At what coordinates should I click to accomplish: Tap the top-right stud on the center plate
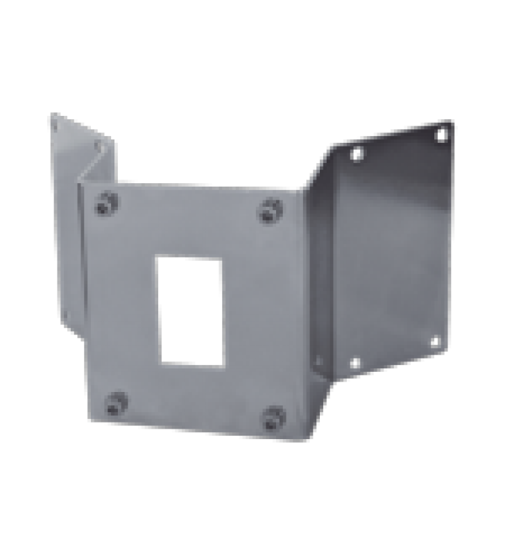269,210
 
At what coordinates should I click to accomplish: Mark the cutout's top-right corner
221,258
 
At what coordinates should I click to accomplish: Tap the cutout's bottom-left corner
160,361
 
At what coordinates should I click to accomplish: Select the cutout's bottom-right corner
223,365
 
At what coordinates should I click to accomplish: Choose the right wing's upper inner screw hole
357,154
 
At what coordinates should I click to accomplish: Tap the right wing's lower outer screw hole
435,341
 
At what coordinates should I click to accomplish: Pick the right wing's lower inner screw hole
354,362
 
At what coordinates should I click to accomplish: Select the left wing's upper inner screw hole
99,146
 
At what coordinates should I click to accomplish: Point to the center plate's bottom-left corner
89,420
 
